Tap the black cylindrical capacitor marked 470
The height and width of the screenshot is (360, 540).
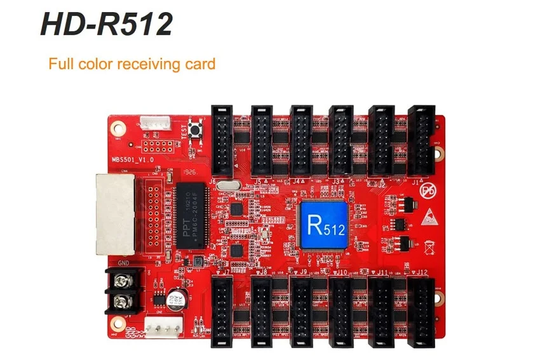click(x=176, y=298)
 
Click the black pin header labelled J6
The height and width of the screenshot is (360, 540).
click(x=222, y=140)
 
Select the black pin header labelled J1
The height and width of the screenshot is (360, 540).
click(x=419, y=140)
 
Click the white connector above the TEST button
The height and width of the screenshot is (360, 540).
click(x=152, y=123)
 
